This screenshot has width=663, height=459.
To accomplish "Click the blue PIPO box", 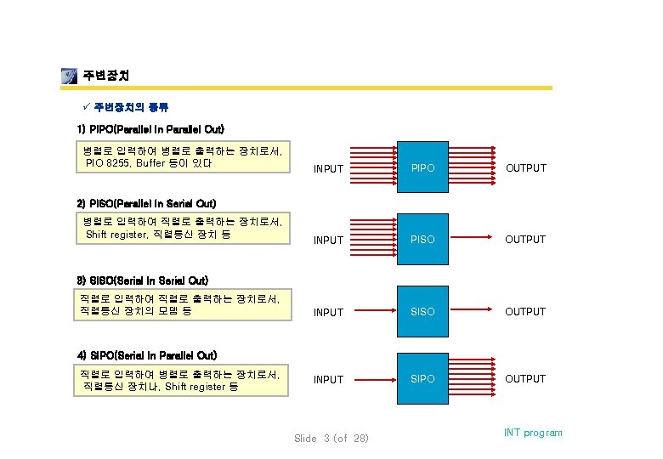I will coord(422,167).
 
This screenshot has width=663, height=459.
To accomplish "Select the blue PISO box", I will coord(422,239).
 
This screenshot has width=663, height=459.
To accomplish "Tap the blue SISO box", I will coord(422,311).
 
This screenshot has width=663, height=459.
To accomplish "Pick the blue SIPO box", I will coord(422,378).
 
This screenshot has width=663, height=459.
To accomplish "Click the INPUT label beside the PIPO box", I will coord(328,169).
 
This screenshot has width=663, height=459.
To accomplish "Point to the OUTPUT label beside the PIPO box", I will coord(526,168).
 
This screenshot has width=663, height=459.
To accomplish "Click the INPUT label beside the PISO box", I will coord(328,241).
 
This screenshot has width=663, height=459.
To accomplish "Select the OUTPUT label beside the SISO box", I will coord(526,312).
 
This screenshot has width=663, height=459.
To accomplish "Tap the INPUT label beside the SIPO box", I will coord(328,380).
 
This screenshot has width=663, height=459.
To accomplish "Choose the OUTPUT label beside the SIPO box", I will coord(526,379).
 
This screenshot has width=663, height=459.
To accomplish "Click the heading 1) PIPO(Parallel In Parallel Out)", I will coord(150,129).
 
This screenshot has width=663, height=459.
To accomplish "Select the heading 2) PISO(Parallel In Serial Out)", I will coord(146,203).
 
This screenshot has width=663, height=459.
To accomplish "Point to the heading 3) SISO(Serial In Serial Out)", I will coord(143,280).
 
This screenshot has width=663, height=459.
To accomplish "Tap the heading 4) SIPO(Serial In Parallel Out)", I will coord(147,354).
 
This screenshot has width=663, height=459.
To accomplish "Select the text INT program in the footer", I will coord(533,433).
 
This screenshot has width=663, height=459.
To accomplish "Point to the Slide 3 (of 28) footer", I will coord(331,439).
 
